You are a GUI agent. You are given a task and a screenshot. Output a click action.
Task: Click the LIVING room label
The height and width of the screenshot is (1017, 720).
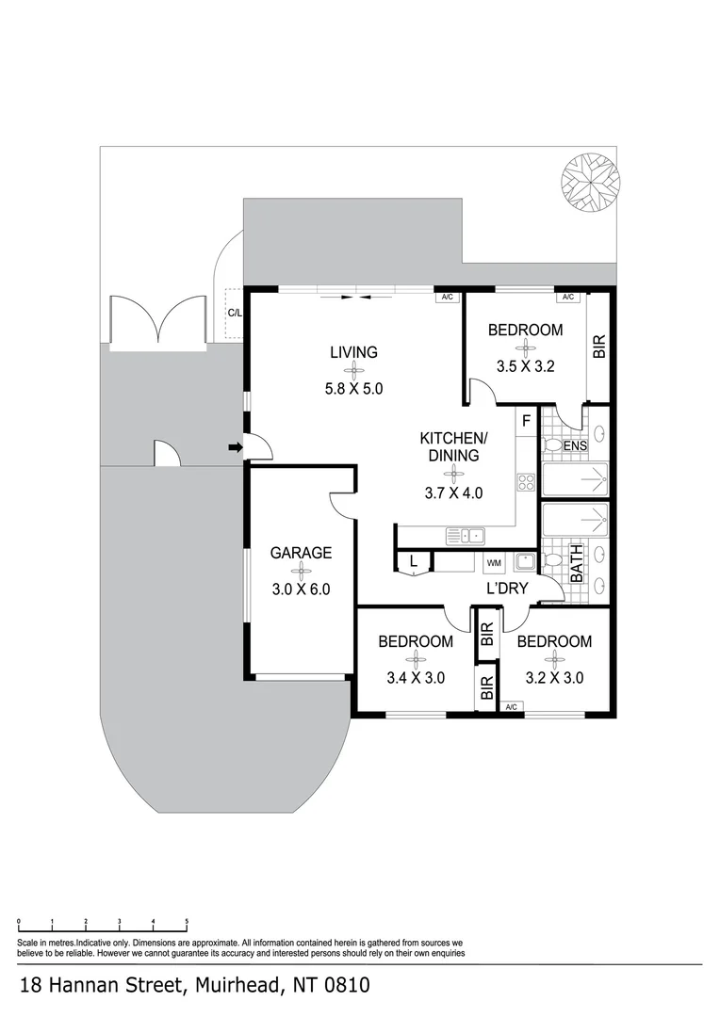tap(353, 352)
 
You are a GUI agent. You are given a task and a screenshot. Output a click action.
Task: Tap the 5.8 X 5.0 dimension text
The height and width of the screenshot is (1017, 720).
tap(353, 387)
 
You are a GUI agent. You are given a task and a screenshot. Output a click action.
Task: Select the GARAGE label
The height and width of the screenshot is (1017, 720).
tap(301, 553)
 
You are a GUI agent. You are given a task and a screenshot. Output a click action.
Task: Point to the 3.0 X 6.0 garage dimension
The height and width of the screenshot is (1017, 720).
tap(301, 590)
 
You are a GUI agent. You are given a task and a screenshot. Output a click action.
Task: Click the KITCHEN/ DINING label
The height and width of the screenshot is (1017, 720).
tap(452, 446)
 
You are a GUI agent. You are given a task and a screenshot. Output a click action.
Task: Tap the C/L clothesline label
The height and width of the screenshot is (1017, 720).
tap(234, 314)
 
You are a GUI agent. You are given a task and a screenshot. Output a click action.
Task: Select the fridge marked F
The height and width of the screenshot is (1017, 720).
tap(527, 419)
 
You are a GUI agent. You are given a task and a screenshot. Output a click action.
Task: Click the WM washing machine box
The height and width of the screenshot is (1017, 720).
tap(493, 563)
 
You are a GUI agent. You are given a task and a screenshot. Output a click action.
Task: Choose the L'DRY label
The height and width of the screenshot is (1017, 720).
tap(506, 589)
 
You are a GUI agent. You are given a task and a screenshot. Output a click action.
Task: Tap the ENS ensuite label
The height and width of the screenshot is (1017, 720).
tap(575, 445)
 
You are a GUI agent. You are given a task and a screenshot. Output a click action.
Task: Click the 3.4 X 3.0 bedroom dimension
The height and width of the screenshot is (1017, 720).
tap(415, 677)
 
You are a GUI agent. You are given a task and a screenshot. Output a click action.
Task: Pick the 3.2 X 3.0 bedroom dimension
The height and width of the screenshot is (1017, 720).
tap(554, 677)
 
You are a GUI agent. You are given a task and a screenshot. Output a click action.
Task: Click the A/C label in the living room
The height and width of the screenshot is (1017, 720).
tap(447, 298)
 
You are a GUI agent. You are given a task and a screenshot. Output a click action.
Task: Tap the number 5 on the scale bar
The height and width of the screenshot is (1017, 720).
tap(187, 922)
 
